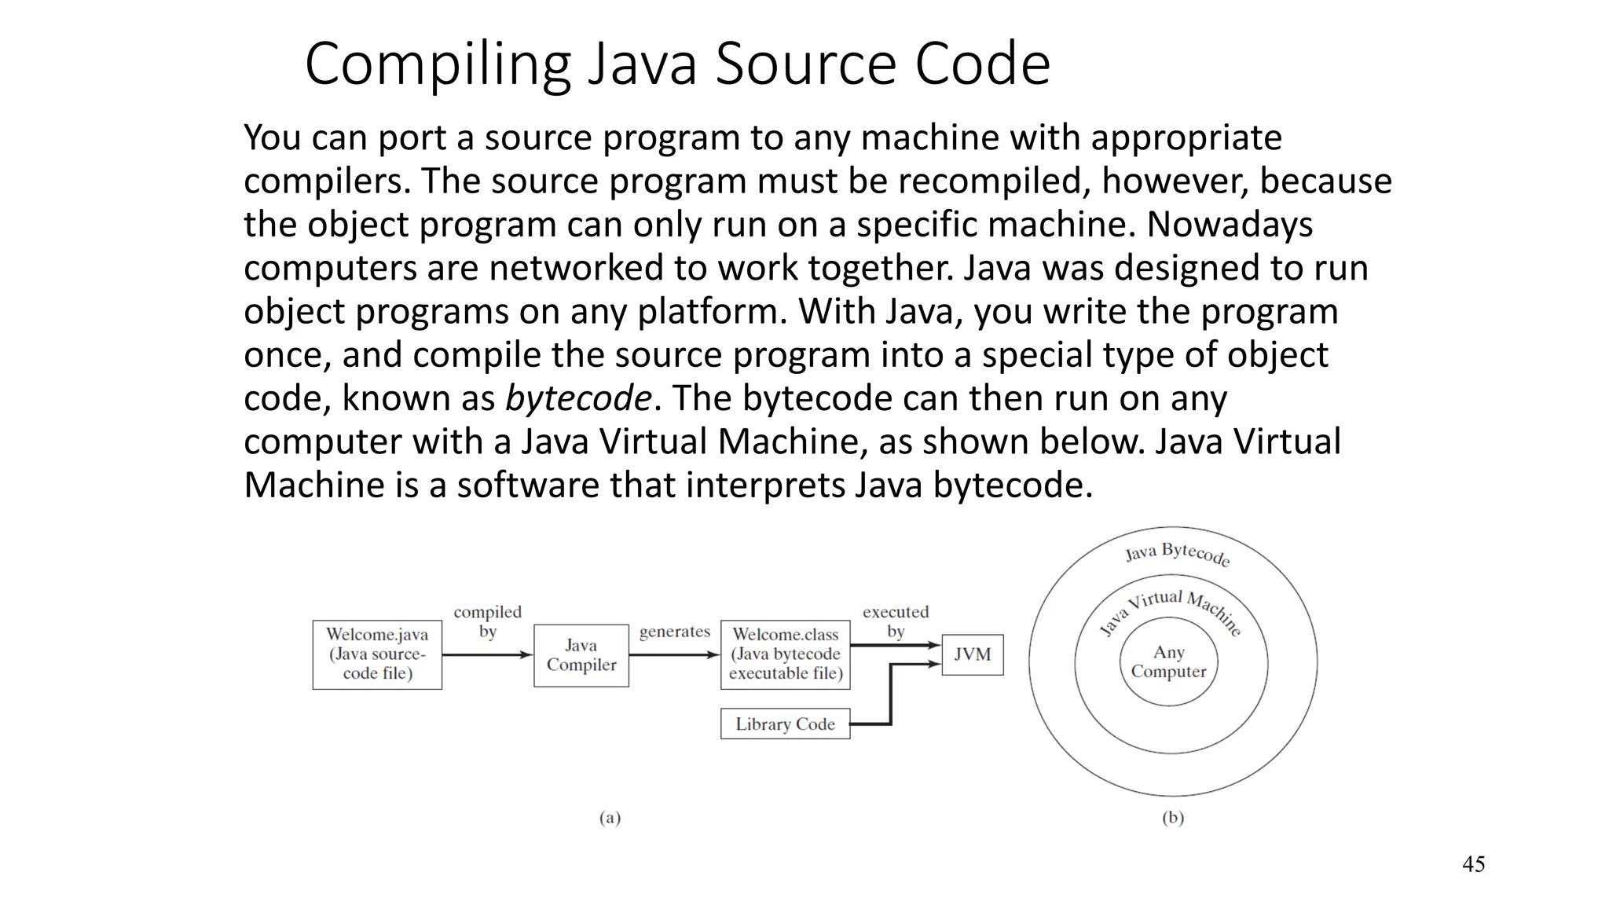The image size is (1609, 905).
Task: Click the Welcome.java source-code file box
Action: click(x=377, y=654)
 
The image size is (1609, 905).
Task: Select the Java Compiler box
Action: click(x=581, y=655)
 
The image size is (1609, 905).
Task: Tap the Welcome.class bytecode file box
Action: click(x=786, y=654)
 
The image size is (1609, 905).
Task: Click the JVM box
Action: click(x=973, y=654)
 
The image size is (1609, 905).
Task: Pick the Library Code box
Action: click(x=786, y=724)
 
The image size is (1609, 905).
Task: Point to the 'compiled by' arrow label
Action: click(x=487, y=621)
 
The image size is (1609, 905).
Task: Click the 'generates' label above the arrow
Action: click(x=674, y=632)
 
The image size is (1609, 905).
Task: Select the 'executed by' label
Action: click(x=896, y=621)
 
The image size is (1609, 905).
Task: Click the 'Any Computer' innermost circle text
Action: click(x=1168, y=661)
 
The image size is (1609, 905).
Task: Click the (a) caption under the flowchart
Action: click(x=610, y=818)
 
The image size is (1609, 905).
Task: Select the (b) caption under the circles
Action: click(x=1172, y=818)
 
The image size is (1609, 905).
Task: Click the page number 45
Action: click(x=1473, y=864)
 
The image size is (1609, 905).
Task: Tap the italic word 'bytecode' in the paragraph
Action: click(x=578, y=398)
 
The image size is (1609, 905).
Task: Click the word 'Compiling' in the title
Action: click(x=438, y=64)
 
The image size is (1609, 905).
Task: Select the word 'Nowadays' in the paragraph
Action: click(x=1230, y=225)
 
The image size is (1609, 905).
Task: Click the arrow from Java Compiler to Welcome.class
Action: click(x=674, y=654)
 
